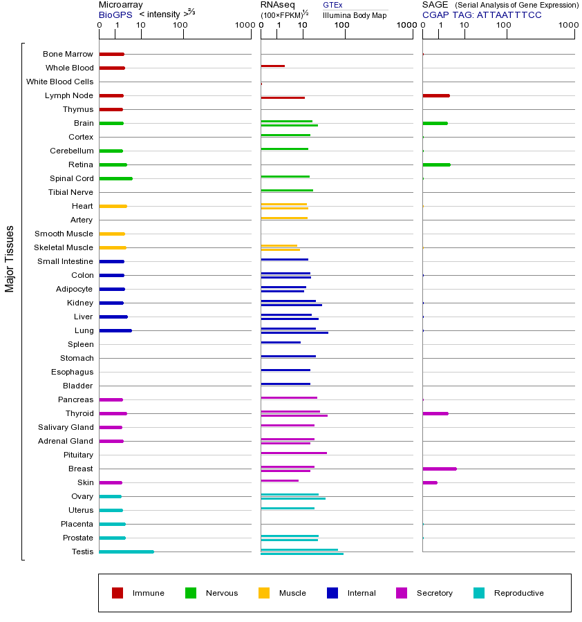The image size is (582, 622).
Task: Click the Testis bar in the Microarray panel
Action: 126,552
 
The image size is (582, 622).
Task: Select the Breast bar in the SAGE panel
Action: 440,469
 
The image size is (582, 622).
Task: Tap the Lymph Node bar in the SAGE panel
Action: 436,95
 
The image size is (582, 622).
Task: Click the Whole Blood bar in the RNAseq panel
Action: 273,66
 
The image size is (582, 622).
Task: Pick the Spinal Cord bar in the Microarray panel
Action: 115,178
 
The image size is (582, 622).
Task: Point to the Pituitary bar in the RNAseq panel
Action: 294,453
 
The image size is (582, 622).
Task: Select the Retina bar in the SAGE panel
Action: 436,164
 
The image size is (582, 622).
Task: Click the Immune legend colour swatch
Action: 118,593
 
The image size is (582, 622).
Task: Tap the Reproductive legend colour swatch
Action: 479,593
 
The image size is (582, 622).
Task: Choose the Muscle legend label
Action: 292,593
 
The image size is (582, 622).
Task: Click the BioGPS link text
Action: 113,15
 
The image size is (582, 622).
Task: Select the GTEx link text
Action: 332,5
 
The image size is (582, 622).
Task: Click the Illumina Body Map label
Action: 355,15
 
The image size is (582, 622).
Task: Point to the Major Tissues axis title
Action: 10,258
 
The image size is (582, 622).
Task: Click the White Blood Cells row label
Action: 59,82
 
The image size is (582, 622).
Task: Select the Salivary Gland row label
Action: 66,427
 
